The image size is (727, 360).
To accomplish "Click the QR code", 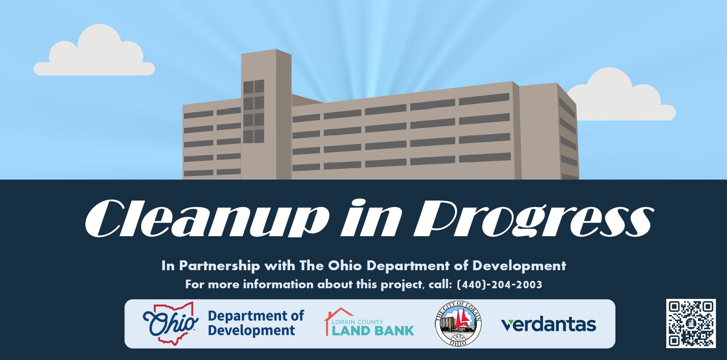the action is pyautogui.click(x=691, y=324).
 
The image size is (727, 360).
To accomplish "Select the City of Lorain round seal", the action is pyautogui.click(x=458, y=324).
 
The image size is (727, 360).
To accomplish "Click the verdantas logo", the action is pyautogui.click(x=549, y=324).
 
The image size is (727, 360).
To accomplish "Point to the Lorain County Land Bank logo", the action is pyautogui.click(x=369, y=322).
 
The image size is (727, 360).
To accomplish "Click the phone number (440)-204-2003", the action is pyautogui.click(x=499, y=285).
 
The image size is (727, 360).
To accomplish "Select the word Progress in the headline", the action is pyautogui.click(x=534, y=218).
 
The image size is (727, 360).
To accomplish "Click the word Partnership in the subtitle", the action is pyautogui.click(x=219, y=266).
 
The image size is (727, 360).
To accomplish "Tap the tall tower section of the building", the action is pyautogui.click(x=266, y=114).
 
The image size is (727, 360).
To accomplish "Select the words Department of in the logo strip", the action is pyautogui.click(x=256, y=316).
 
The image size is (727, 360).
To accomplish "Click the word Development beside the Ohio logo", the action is pyautogui.click(x=251, y=330).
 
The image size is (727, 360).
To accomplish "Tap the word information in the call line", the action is pyautogui.click(x=278, y=284).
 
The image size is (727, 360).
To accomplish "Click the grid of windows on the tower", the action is pyautogui.click(x=254, y=112).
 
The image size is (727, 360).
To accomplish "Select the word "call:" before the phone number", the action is pyautogui.click(x=440, y=284).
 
